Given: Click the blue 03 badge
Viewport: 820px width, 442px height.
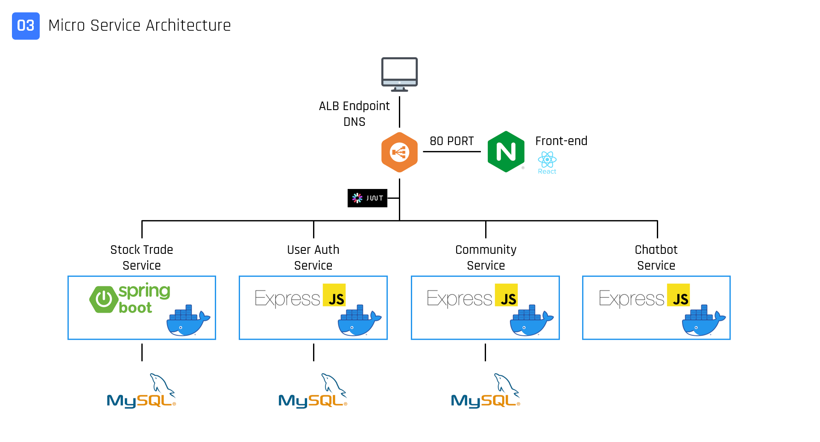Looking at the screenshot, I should click(26, 26).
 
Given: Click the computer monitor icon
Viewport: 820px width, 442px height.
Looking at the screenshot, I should click(399, 74).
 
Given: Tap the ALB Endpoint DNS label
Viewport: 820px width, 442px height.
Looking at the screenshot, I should click(354, 113).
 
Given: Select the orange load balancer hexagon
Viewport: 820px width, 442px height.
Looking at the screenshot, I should click(399, 152).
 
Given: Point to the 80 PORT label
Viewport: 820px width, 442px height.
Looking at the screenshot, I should click(451, 141).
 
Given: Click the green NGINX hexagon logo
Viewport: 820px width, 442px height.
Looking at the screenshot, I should click(506, 152).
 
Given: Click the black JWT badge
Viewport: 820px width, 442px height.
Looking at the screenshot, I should click(367, 198).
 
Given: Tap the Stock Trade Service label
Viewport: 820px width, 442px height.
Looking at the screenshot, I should click(141, 257).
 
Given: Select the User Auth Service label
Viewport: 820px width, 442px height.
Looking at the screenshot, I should click(313, 257).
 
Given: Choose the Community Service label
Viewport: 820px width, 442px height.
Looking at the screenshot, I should click(486, 257).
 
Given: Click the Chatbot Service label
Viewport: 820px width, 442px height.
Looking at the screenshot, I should click(656, 257).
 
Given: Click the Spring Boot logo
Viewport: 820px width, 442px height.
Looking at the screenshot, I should click(130, 298).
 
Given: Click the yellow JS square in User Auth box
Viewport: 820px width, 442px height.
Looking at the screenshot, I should click(334, 295).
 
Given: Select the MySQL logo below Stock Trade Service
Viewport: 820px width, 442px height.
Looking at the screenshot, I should click(141, 391).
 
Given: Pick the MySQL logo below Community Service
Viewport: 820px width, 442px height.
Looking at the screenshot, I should click(486, 391).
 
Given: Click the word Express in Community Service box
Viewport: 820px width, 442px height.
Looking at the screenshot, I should click(459, 298).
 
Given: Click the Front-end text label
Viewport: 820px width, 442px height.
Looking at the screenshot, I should click(561, 141).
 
